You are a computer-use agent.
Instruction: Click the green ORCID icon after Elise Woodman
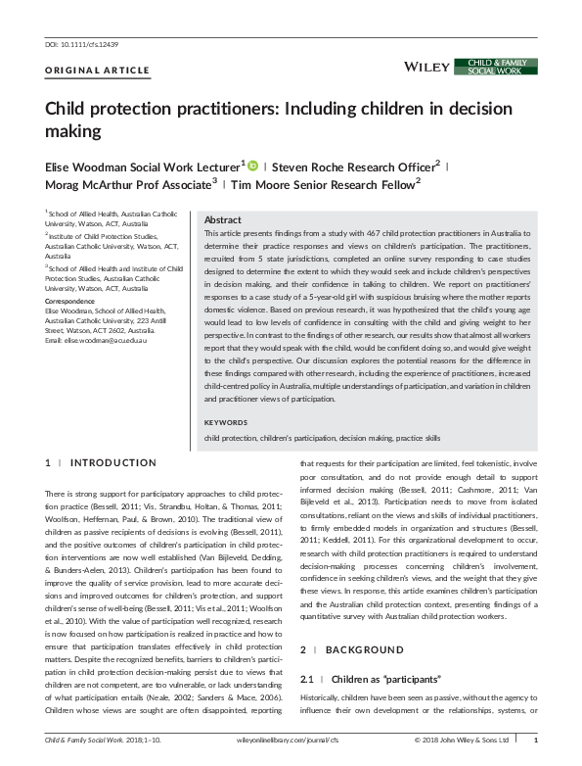coord(251,167)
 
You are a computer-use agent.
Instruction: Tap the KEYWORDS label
coord(226,422)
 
